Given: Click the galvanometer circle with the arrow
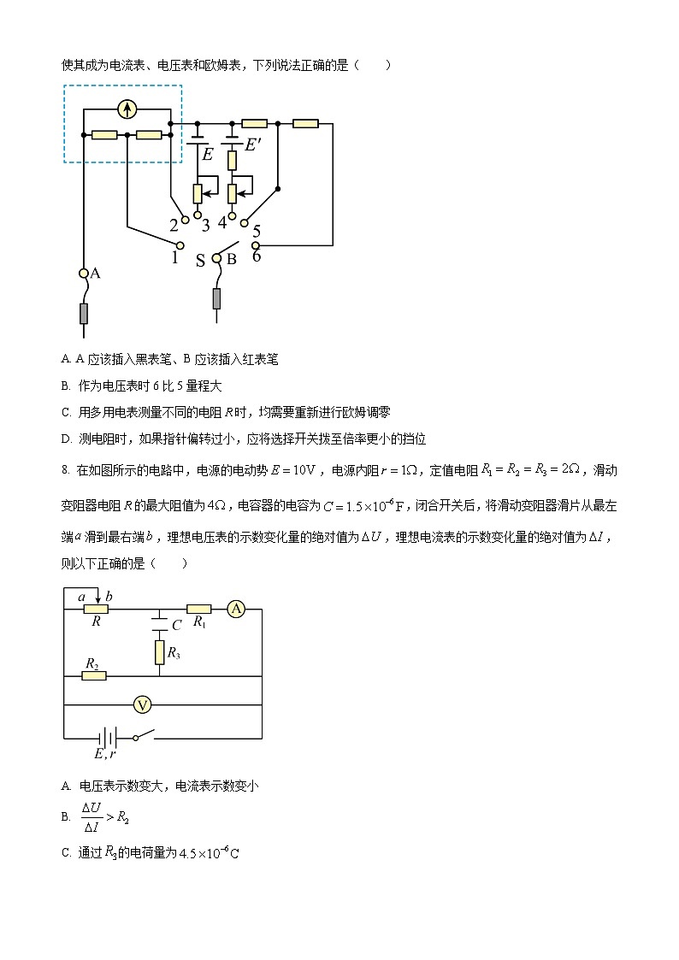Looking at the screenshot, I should tap(127, 109).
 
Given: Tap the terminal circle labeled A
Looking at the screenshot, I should tap(84, 274).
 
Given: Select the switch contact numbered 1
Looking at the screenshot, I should tap(180, 244).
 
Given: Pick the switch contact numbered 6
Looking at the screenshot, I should tap(255, 245).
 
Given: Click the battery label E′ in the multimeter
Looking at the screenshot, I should tap(253, 145).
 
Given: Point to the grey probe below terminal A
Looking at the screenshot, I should tap(84, 314).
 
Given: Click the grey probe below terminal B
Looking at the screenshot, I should tap(217, 298).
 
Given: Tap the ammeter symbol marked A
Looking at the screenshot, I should tap(237, 609).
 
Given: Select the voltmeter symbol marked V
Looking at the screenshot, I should tap(144, 704).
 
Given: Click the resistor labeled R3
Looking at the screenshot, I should tap(160, 652).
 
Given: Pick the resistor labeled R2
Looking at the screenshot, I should tap(94, 675).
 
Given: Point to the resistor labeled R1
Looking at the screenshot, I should tap(199, 609).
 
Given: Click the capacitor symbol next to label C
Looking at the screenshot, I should tap(160, 620).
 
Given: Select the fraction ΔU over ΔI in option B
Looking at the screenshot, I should tap(92, 816).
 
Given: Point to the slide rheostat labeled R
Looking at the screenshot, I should tap(96, 609).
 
